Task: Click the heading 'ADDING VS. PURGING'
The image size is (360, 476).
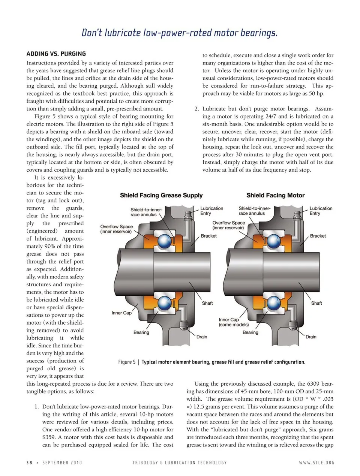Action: [56, 54]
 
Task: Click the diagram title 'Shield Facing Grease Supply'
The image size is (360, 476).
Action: [161, 195]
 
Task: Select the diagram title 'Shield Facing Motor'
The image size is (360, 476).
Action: [275, 195]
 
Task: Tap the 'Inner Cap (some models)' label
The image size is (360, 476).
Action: [234, 322]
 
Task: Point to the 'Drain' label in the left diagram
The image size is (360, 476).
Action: [202, 337]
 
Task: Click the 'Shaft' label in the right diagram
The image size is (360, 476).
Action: [316, 303]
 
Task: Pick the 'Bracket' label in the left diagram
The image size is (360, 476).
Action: [208, 236]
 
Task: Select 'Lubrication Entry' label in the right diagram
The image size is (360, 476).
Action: [321, 211]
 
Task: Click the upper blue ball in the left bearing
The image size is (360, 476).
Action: [164, 241]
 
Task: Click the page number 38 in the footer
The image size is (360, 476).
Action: [29, 463]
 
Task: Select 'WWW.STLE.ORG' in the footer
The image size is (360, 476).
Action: [316, 463]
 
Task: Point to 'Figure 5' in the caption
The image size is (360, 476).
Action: [127, 362]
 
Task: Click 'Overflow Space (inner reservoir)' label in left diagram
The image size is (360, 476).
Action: [116, 229]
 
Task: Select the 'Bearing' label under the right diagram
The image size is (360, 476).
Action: [250, 332]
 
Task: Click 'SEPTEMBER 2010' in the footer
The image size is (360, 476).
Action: [62, 463]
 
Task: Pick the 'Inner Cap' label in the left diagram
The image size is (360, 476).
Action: [121, 313]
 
